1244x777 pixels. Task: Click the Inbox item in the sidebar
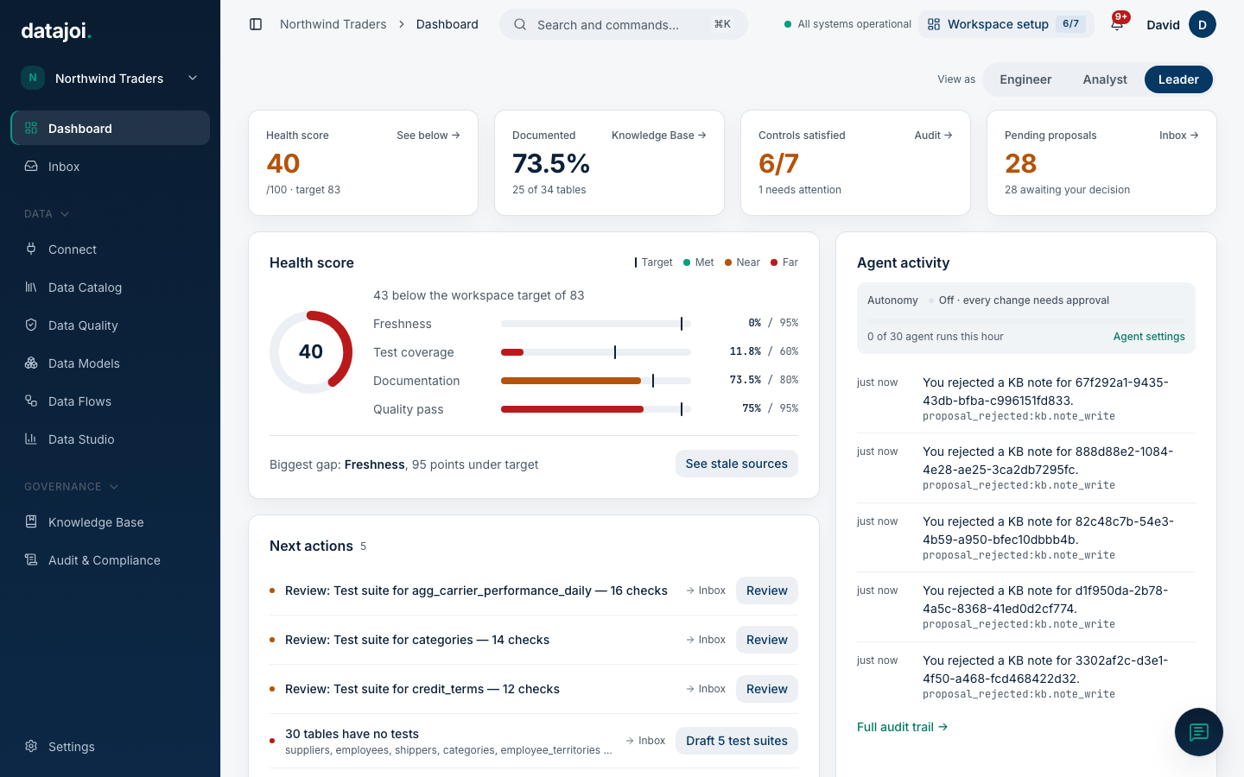pyautogui.click(x=63, y=167)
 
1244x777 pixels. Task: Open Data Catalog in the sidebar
pyautogui.click(x=85, y=287)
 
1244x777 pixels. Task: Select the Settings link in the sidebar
pyautogui.click(x=71, y=747)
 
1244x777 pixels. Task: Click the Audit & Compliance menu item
pyautogui.click(x=104, y=560)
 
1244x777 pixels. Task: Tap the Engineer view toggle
pyautogui.click(x=1025, y=79)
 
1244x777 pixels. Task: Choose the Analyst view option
pyautogui.click(x=1105, y=79)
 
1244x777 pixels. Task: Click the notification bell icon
pyautogui.click(x=1117, y=24)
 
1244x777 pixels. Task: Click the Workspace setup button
pyautogui.click(x=1006, y=24)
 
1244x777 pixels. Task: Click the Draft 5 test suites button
pyautogui.click(x=736, y=741)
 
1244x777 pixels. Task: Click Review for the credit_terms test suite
pyautogui.click(x=766, y=689)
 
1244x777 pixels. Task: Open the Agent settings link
pyautogui.click(x=1148, y=337)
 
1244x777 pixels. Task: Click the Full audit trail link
pyautogui.click(x=902, y=727)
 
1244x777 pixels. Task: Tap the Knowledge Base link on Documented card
pyautogui.click(x=658, y=136)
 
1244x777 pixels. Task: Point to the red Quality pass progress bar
pyautogui.click(x=572, y=409)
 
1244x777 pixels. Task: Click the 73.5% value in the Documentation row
pyautogui.click(x=745, y=380)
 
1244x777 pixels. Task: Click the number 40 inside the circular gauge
pyautogui.click(x=310, y=351)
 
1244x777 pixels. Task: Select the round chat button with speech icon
pyautogui.click(x=1198, y=732)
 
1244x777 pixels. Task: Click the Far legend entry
pyautogui.click(x=784, y=262)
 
